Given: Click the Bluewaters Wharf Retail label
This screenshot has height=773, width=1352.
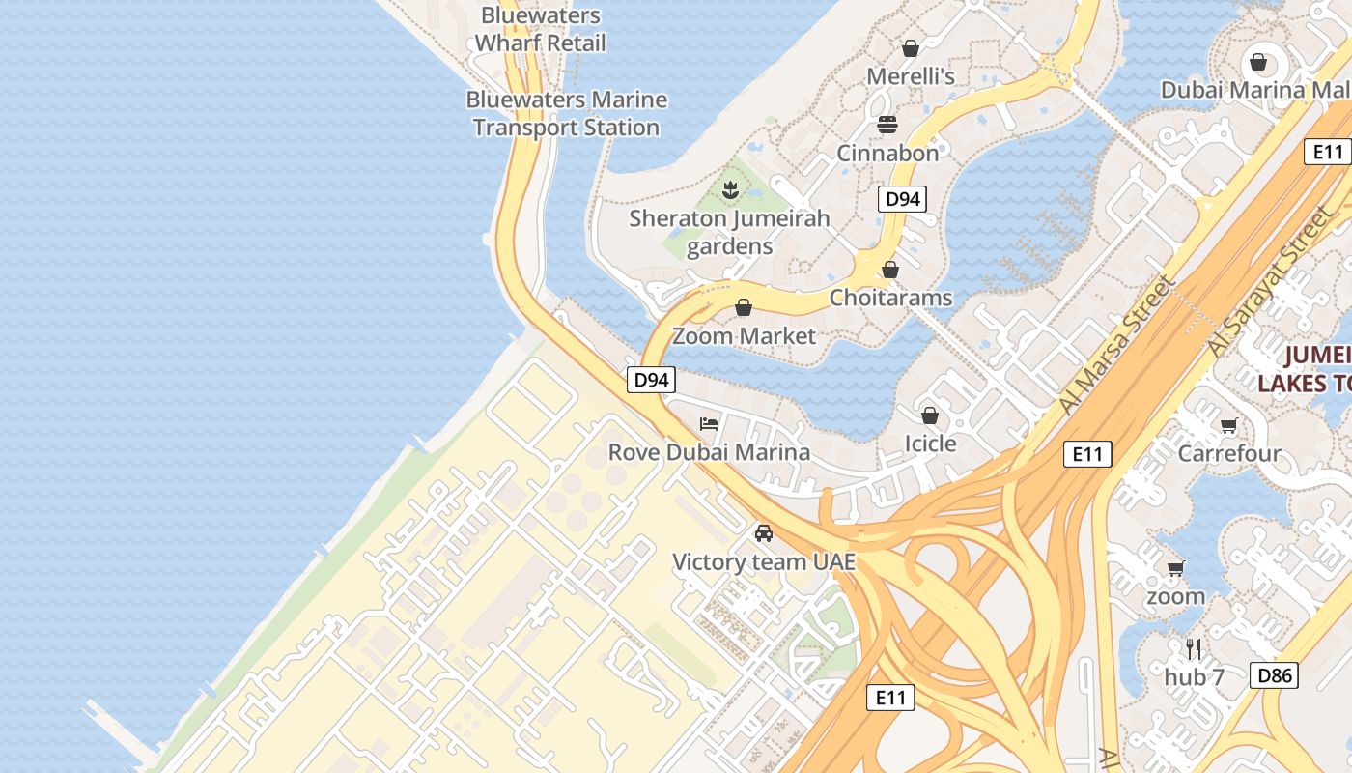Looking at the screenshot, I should point(540,30).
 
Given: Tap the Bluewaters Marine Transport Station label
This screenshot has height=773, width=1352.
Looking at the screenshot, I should point(567,113).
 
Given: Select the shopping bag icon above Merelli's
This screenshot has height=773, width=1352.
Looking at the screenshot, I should point(910,47).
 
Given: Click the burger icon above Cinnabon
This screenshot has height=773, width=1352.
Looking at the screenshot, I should point(887,125).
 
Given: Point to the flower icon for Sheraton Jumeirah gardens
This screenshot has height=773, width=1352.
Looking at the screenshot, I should point(730,190).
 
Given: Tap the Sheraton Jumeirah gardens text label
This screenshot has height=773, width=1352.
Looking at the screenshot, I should point(729,232).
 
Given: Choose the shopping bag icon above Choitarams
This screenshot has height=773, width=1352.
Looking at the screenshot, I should point(890,270).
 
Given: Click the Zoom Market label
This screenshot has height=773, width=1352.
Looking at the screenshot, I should point(744,336).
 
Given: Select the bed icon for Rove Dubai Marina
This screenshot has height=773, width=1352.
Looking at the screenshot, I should point(709,424).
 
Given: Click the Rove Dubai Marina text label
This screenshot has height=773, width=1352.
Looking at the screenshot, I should point(709,452).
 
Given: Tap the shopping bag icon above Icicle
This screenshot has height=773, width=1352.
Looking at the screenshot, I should point(929,415).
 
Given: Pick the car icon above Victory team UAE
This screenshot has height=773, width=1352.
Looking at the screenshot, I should point(764,533).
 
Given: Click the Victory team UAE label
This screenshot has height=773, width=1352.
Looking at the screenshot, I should point(764,561).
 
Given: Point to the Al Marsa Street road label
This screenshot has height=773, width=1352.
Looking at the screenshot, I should point(1117,345).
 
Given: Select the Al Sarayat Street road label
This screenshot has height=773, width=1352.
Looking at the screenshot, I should point(1268,285).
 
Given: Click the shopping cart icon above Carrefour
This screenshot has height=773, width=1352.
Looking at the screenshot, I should point(1229,425).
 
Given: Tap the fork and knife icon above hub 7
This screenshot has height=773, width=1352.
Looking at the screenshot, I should point(1194,648).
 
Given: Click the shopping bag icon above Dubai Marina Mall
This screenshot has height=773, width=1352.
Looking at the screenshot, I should point(1258,62).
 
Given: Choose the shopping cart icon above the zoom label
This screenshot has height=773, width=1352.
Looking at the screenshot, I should point(1175,568).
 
